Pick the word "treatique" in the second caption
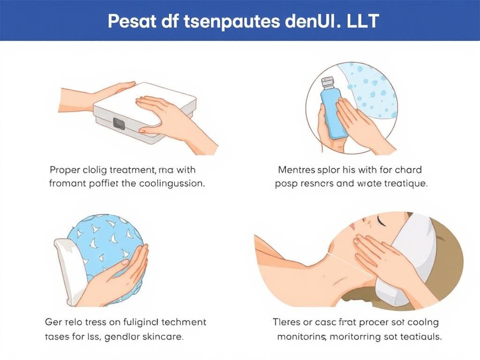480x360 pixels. (404, 183)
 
